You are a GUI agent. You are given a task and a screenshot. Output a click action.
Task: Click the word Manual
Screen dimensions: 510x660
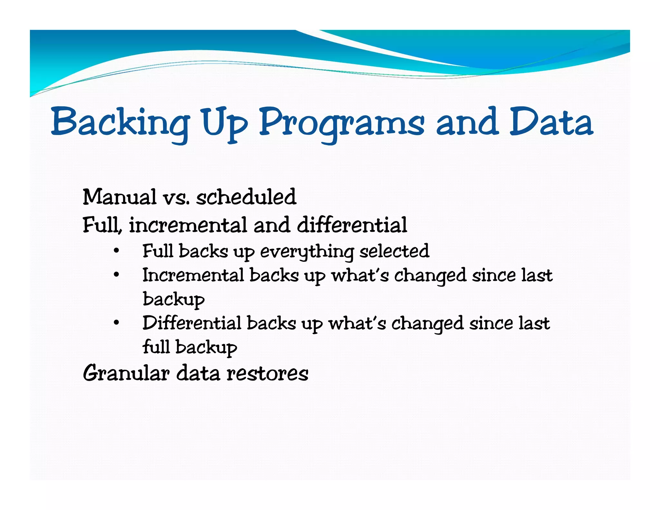point(119,197)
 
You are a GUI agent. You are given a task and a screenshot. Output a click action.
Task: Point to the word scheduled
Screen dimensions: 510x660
point(246,197)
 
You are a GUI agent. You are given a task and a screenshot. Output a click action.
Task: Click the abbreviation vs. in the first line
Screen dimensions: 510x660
point(176,198)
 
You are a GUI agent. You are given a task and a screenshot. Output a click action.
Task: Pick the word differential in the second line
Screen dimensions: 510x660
point(352,225)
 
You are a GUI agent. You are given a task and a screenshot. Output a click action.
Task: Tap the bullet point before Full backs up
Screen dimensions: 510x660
point(117,251)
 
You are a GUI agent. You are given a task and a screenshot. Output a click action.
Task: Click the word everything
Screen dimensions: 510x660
point(307,251)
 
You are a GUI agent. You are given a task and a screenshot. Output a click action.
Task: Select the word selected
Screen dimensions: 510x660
point(394,251)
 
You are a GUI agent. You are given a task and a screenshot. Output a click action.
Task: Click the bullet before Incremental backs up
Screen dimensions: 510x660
point(117,275)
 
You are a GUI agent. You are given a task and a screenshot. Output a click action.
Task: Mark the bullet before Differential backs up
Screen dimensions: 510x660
point(117,323)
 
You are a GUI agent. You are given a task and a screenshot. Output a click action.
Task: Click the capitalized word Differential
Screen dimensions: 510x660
point(192,323)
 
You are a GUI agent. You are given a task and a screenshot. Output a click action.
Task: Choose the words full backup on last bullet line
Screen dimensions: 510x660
point(190,347)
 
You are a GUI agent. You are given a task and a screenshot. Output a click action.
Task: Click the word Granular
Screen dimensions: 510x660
point(126,373)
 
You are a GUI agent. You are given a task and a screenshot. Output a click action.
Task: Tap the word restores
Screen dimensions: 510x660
point(267,374)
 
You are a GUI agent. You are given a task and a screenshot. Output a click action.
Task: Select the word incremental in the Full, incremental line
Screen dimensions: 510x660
point(188,225)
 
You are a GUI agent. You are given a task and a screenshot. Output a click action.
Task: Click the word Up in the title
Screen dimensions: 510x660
point(225,124)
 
